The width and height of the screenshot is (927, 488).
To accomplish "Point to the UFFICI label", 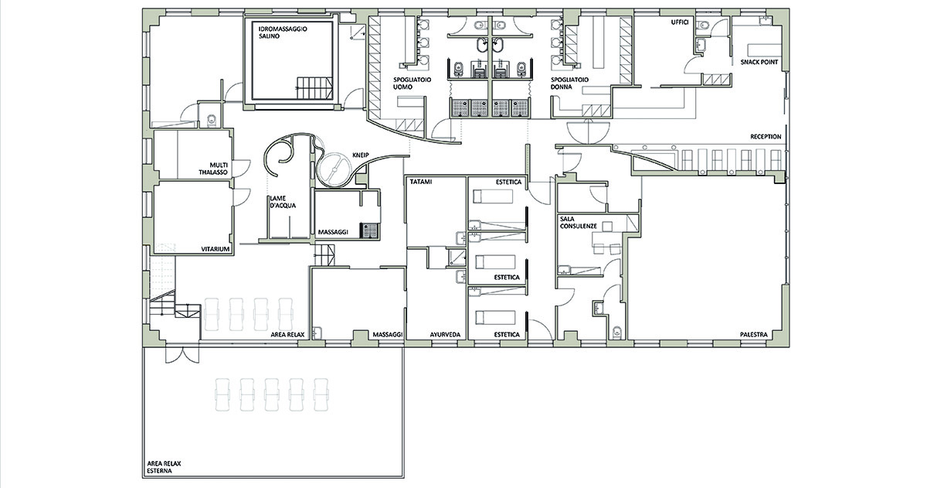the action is pyautogui.click(x=680, y=22).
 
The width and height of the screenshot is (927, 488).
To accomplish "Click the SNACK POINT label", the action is pyautogui.click(x=759, y=62).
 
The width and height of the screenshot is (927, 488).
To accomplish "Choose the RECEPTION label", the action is pyautogui.click(x=766, y=137).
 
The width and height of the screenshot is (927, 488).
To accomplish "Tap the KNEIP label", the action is pyautogui.click(x=361, y=155).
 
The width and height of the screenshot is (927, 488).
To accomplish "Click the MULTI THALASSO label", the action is pyautogui.click(x=213, y=169).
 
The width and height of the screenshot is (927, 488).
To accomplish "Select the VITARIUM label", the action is pyautogui.click(x=216, y=249).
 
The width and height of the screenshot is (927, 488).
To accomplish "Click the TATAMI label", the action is pyautogui.click(x=421, y=182).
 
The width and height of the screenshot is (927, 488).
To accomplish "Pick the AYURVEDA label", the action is pyautogui.click(x=445, y=335).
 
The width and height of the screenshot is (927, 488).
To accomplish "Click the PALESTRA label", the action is pyautogui.click(x=754, y=335).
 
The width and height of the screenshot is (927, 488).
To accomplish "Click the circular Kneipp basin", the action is pyautogui.click(x=334, y=170).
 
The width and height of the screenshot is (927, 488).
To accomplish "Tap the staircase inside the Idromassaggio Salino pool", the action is pyautogui.click(x=314, y=88).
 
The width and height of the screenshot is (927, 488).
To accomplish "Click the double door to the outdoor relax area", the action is pyautogui.click(x=182, y=356).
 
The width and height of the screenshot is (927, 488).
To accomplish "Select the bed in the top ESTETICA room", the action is pyautogui.click(x=494, y=196).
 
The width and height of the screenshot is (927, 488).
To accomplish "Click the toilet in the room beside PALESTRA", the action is pyautogui.click(x=617, y=332).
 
